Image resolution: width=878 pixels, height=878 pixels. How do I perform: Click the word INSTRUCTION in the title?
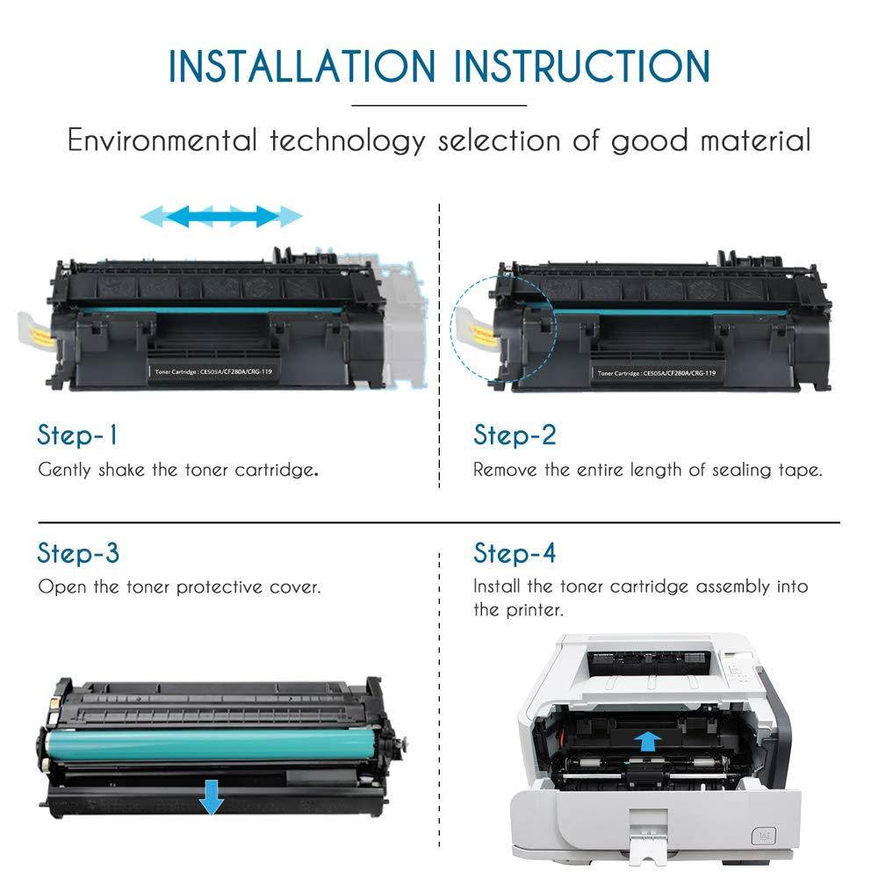576,67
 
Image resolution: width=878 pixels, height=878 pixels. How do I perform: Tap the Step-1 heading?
77,435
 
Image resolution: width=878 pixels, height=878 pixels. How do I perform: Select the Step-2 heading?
515,435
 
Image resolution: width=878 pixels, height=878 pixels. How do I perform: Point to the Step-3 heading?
78,553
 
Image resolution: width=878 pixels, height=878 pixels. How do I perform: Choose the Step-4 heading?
515,553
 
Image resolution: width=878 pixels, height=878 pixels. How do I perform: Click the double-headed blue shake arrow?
221,215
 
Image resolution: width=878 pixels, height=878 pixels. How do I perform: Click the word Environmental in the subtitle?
162,140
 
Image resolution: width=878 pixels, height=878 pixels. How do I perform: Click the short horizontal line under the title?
438,105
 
